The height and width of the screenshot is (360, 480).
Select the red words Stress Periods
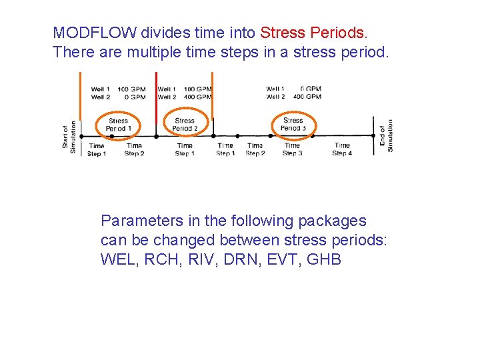pyautogui.click(x=313, y=33)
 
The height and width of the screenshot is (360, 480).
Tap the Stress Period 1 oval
pyautogui.click(x=118, y=124)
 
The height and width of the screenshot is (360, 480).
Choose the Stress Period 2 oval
pyautogui.click(x=185, y=124)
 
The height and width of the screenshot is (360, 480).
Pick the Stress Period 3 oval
pyautogui.click(x=293, y=124)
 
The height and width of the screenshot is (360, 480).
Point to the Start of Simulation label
pyautogui.click(x=69, y=136)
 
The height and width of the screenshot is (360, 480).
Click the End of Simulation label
pyautogui.click(x=387, y=135)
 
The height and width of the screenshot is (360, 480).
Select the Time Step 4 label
pyautogui.click(x=342, y=149)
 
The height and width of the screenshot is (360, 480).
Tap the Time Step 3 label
pyautogui.click(x=292, y=149)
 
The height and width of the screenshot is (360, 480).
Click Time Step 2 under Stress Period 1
pyautogui.click(x=134, y=149)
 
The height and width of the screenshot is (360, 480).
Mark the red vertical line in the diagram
pyautogui.click(x=156, y=100)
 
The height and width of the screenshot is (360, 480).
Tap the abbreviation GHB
pyautogui.click(x=325, y=259)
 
